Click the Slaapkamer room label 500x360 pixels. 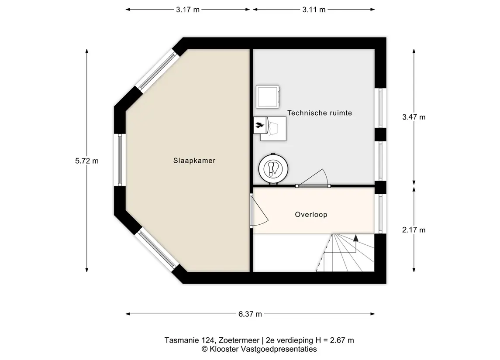coord(194,161)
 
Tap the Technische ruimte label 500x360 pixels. coord(320,113)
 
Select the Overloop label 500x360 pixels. coord(311,214)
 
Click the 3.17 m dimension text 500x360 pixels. coord(187,10)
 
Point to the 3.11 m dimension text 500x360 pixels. coord(314,10)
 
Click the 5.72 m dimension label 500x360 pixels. coord(87,161)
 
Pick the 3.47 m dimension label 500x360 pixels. coord(414,117)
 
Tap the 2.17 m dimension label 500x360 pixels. coord(414,230)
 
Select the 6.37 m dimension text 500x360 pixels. coord(250,314)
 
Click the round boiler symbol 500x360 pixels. coord(273,169)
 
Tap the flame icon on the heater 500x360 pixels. coord(259,125)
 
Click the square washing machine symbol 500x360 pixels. coord(268,96)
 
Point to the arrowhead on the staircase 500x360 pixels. coord(356,238)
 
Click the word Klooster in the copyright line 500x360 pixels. coord(224,349)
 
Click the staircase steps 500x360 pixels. coord(348,253)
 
